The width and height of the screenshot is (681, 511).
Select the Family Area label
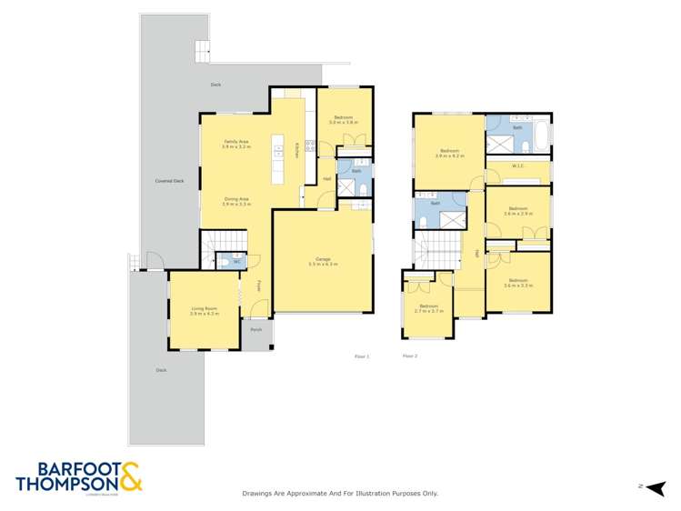pos(236,143)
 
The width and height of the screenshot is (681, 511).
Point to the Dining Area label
pos(236,202)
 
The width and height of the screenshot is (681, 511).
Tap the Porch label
pos(255,331)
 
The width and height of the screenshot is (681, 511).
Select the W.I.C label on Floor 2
pos(517,165)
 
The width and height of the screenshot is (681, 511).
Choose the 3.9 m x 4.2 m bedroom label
pos(449,153)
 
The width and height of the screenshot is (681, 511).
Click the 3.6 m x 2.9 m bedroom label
pos(517,210)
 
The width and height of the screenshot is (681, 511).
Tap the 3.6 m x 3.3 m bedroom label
pos(517,282)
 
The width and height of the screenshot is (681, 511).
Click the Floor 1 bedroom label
pos(343,119)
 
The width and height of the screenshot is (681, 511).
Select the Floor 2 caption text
pos(409,356)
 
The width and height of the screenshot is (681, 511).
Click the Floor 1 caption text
pos(362,356)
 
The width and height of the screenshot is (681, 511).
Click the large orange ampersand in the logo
pos(128,476)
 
